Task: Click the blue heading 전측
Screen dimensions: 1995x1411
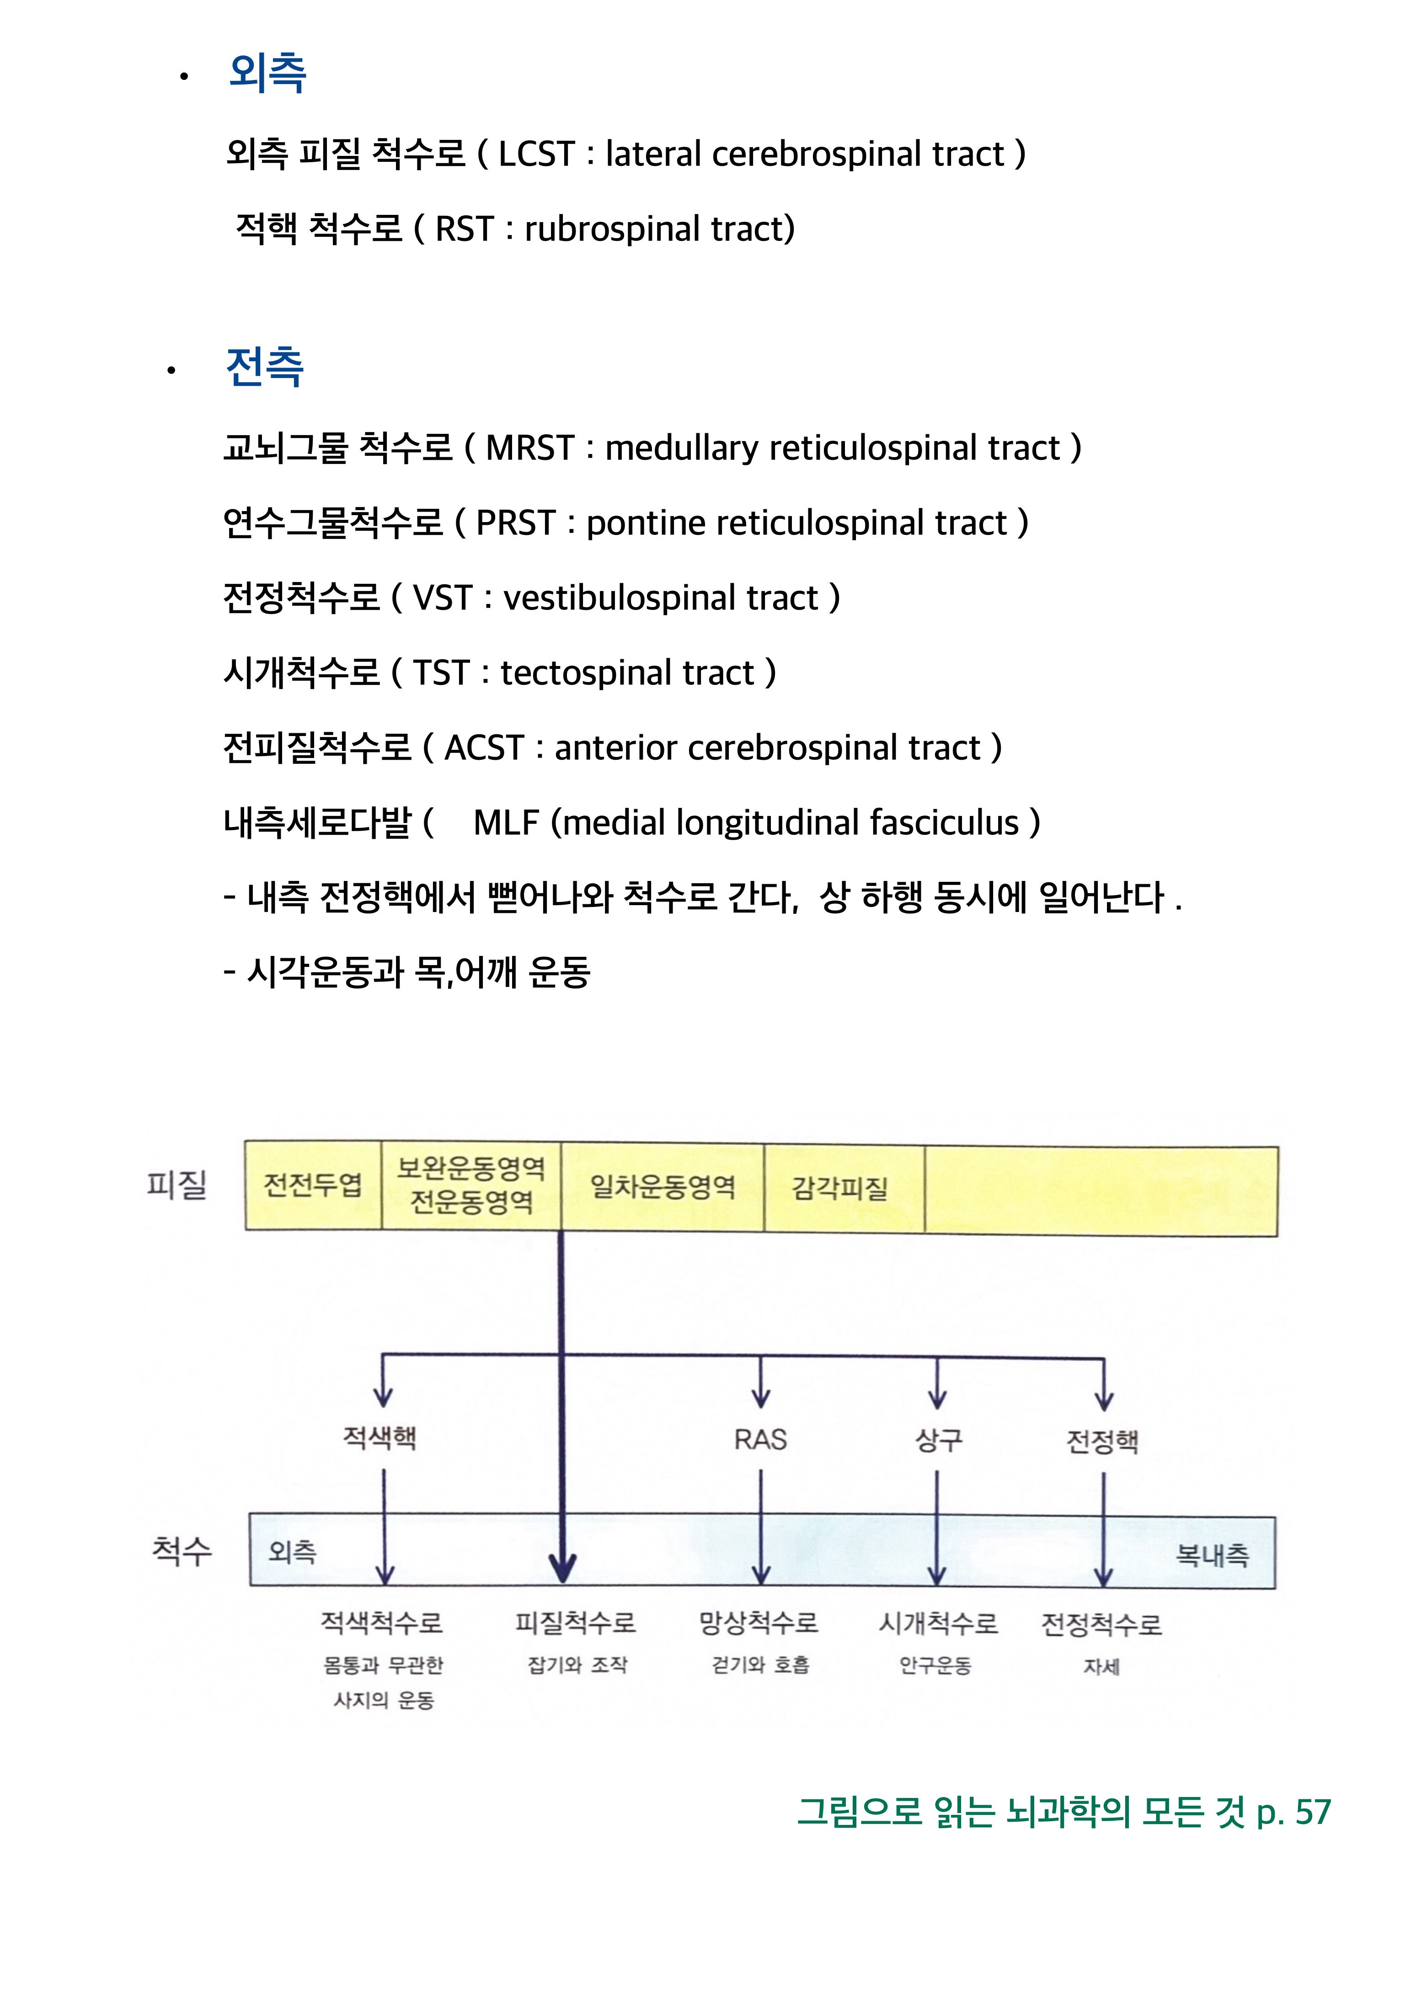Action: pyautogui.click(x=264, y=367)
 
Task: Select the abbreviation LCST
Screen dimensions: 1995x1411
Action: pyautogui.click(x=536, y=155)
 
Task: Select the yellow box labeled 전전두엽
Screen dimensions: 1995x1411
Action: pyautogui.click(x=313, y=1185)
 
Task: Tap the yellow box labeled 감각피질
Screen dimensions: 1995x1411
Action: pyautogui.click(x=840, y=1189)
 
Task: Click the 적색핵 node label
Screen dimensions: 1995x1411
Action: pyautogui.click(x=379, y=1438)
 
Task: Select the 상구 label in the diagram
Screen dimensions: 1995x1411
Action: pyautogui.click(x=938, y=1440)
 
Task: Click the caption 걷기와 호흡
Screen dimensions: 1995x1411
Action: pyautogui.click(x=760, y=1665)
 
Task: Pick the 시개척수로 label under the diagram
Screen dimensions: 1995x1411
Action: pyautogui.click(x=938, y=1623)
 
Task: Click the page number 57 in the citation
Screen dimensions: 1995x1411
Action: pyautogui.click(x=1313, y=1813)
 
